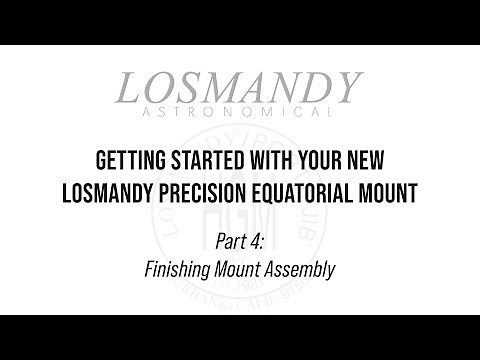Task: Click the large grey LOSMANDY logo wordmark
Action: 239,89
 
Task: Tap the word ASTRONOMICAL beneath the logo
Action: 239,111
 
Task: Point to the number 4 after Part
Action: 253,242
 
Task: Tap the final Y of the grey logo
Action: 345,89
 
